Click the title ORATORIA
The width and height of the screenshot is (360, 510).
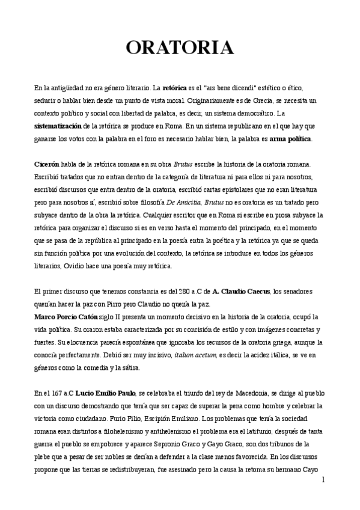click(180, 47)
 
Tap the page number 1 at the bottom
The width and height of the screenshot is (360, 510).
click(323, 480)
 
